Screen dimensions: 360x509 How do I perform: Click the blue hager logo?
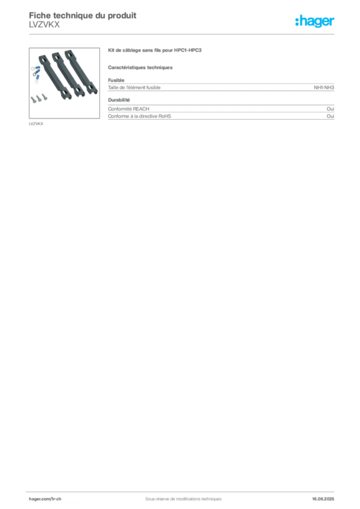click(x=316, y=22)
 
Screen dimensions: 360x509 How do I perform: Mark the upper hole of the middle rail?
click(x=58, y=58)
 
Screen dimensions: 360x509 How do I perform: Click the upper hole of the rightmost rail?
click(x=70, y=55)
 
